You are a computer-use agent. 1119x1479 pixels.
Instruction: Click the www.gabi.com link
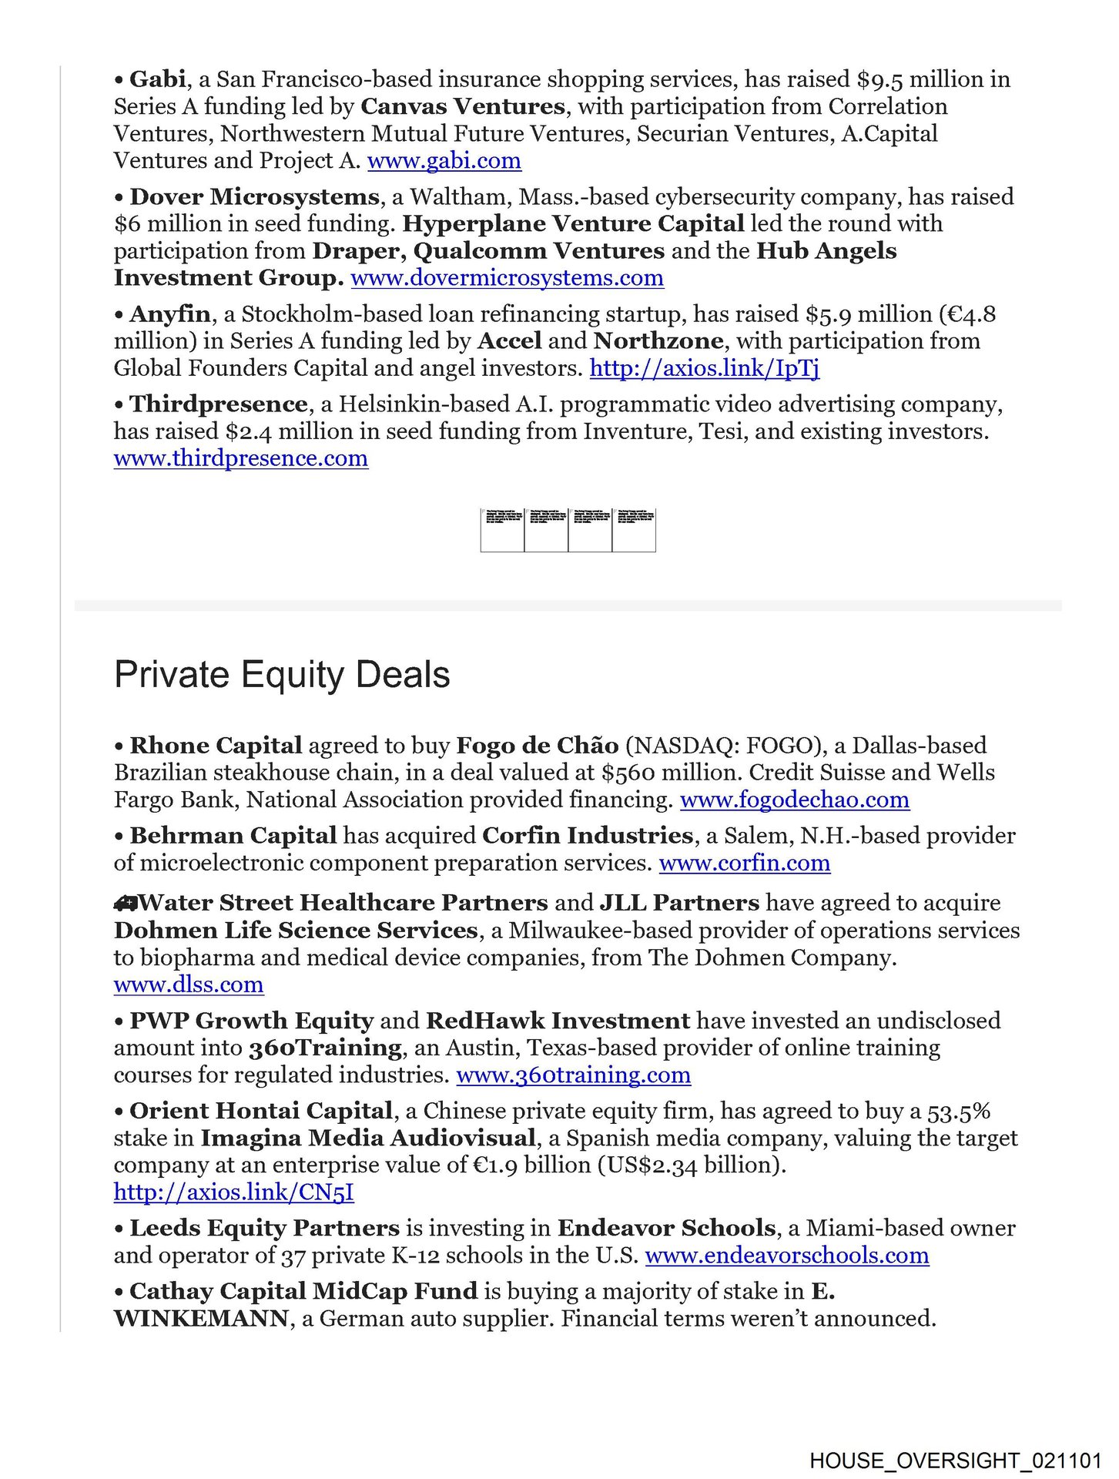(444, 161)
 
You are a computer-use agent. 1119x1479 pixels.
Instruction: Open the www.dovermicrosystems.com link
(507, 278)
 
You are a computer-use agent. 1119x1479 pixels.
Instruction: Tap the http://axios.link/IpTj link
(704, 368)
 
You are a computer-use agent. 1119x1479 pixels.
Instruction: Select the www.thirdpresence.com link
(240, 458)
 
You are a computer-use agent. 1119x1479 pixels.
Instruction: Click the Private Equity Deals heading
(282, 675)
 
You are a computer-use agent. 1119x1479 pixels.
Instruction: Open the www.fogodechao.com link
(794, 800)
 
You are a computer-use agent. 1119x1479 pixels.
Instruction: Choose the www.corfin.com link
(744, 863)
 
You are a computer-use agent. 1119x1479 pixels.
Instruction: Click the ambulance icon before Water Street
(125, 904)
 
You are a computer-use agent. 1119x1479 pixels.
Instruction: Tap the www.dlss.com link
(188, 984)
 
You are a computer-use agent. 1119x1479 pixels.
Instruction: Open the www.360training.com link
(573, 1075)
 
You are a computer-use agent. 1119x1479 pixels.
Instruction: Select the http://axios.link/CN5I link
(233, 1192)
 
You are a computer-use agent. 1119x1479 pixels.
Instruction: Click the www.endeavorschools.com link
(786, 1256)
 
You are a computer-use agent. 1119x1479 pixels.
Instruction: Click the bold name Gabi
(157, 79)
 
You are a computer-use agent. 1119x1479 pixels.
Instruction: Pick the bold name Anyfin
(169, 314)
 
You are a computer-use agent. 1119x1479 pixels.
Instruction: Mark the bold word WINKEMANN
(201, 1319)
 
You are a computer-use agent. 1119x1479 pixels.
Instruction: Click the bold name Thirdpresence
(219, 404)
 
